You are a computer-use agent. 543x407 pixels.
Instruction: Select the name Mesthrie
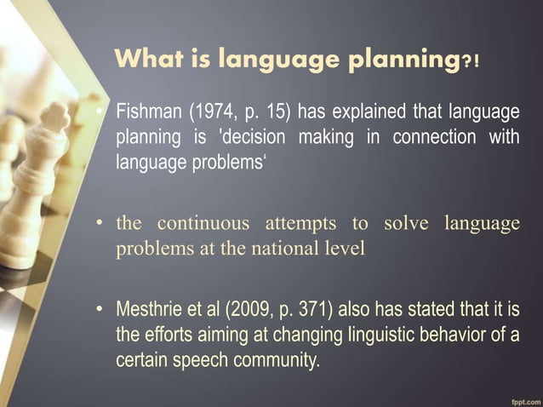[148, 307]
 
